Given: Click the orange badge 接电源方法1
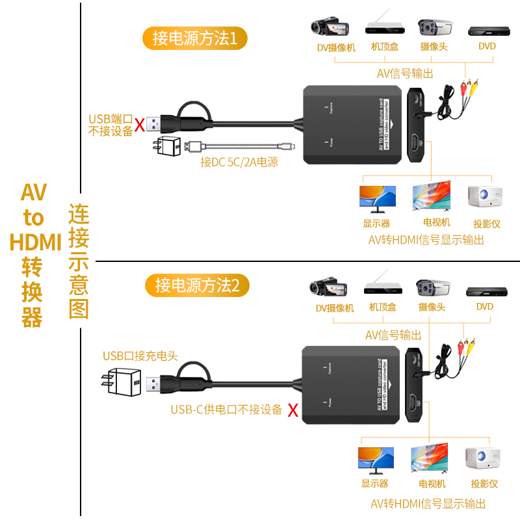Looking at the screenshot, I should pyautogui.click(x=195, y=38).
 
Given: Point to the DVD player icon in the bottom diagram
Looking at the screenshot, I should pyautogui.click(x=483, y=291).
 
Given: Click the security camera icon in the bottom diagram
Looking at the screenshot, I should pyautogui.click(x=433, y=288).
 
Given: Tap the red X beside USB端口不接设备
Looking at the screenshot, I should pyautogui.click(x=139, y=125).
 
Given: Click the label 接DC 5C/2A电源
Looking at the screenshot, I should pyautogui.click(x=239, y=162).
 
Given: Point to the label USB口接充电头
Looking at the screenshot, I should pyautogui.click(x=140, y=356).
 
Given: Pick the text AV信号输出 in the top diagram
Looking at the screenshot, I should pyautogui.click(x=405, y=73).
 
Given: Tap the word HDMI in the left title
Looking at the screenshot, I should pyautogui.click(x=35, y=242).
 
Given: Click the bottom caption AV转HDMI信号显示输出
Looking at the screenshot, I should pyautogui.click(x=428, y=504).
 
